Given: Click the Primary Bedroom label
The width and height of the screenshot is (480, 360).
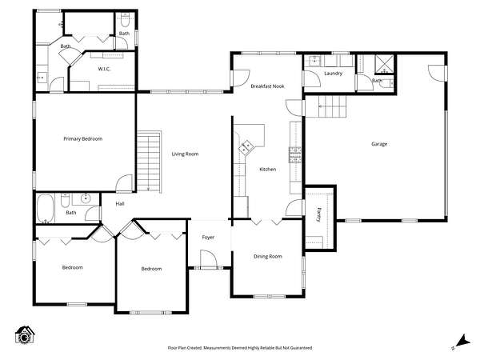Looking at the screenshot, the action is [x=82, y=138].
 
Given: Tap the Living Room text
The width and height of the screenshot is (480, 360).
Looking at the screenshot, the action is [x=185, y=154].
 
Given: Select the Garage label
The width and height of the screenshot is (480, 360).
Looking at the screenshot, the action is [x=379, y=144].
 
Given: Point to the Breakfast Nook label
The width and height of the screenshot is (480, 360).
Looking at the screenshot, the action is [x=267, y=86].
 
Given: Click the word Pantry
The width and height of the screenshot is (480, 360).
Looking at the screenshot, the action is [x=319, y=215].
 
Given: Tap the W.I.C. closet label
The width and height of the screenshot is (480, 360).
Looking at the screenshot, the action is [x=104, y=69].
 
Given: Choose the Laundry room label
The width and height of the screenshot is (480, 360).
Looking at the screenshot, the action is [x=333, y=74].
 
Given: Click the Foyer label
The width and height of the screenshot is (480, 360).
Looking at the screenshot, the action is [x=208, y=238].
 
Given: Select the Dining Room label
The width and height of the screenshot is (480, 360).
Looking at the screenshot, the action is [x=267, y=257].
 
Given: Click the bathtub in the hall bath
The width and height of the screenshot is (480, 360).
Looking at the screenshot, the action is [x=46, y=209].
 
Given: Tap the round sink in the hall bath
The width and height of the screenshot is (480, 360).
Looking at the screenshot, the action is [x=86, y=199].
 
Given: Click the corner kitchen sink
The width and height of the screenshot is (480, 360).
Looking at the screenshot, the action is [x=246, y=146].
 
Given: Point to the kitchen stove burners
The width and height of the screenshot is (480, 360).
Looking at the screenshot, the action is [x=294, y=154].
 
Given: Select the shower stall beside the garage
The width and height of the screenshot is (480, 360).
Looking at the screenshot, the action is [x=384, y=65].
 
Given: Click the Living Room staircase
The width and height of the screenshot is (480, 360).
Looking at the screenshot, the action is [x=149, y=162].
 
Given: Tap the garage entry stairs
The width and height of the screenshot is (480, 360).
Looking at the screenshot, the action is [x=333, y=106].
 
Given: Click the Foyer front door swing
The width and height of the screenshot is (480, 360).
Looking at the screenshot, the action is [x=209, y=259].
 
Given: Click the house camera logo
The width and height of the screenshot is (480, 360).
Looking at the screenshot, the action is [x=25, y=335].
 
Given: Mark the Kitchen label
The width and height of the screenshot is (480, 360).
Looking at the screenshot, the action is [x=267, y=170].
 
